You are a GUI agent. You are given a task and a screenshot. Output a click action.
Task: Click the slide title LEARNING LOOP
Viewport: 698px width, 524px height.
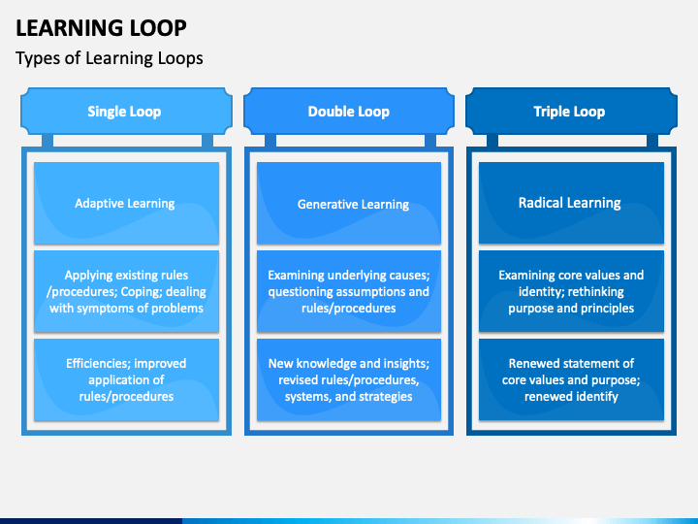click(101, 28)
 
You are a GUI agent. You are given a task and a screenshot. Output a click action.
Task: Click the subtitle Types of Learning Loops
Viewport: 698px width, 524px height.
click(109, 58)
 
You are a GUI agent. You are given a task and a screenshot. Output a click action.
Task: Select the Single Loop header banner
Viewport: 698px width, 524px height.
click(126, 111)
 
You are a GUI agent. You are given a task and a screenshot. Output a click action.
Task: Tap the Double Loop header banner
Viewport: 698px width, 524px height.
click(349, 111)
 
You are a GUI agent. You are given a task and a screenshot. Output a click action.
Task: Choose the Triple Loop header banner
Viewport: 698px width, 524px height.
click(571, 111)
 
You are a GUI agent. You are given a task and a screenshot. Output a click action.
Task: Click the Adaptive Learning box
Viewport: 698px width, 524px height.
click(126, 203)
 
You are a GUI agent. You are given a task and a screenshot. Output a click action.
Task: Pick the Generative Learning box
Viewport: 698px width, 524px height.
click(349, 203)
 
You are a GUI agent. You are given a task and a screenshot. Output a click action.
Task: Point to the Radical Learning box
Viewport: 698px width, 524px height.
click(571, 203)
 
